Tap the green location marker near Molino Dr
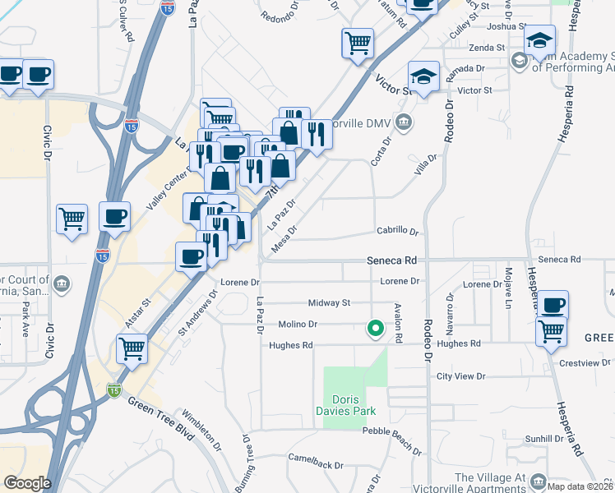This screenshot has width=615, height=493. point(376,329)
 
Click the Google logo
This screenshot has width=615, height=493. point(27,483)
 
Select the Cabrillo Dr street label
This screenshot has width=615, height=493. point(398,232)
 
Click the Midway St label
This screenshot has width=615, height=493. point(329,303)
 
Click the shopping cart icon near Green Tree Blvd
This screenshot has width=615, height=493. point(132,348)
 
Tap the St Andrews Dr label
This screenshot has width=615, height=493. point(197,305)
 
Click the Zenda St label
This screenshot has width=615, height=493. point(488,48)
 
